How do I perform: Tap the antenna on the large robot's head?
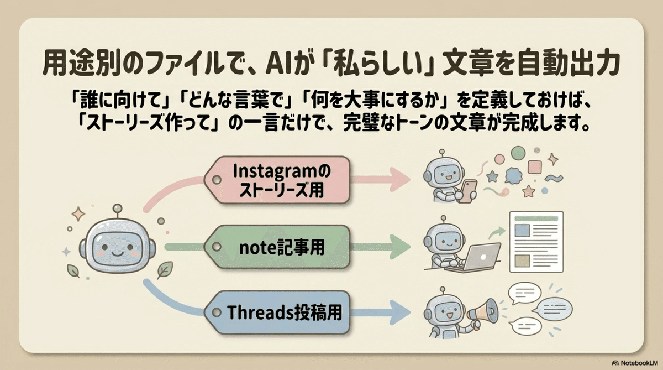pyautogui.click(x=116, y=209)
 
